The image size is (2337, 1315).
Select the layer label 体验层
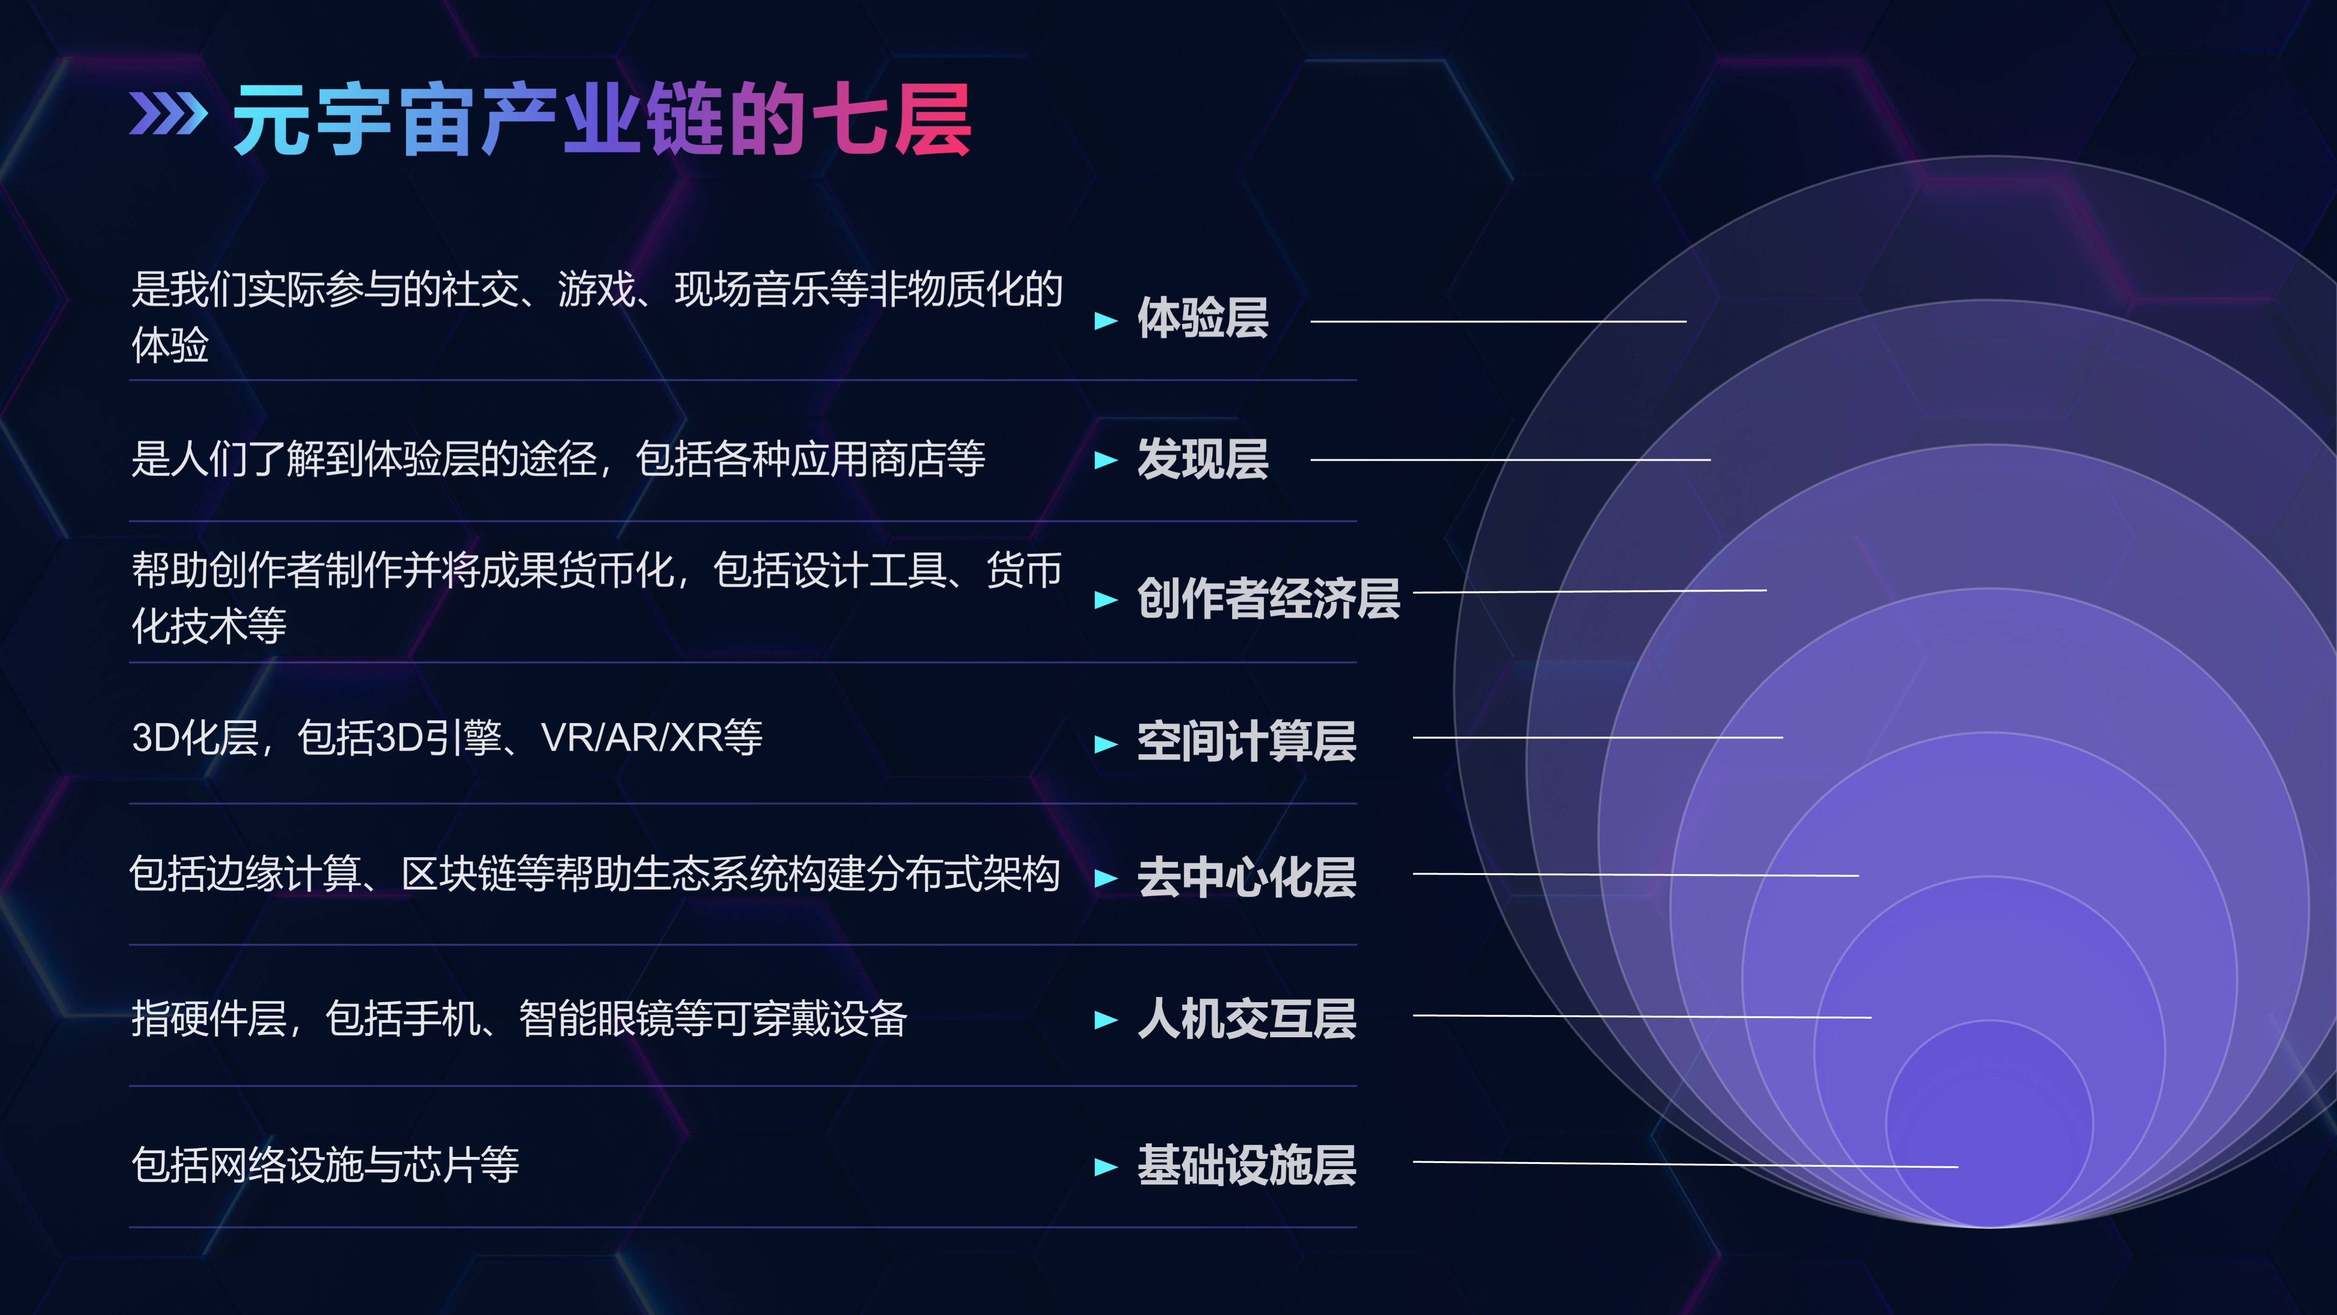pos(1202,318)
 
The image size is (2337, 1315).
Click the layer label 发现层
pos(1202,458)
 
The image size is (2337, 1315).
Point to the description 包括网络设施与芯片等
pos(325,1164)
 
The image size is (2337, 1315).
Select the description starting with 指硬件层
pos(519,1018)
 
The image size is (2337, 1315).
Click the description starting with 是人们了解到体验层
pos(558,458)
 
